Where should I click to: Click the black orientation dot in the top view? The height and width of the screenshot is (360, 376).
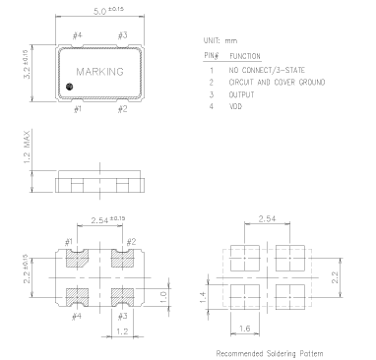(69, 87)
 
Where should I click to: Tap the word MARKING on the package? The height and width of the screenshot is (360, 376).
(100, 72)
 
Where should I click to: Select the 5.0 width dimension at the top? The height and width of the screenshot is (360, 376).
(108, 11)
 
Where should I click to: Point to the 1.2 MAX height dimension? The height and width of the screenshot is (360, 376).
(27, 147)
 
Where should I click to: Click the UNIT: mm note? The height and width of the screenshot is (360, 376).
(220, 41)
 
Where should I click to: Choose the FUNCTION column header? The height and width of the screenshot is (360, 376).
(245, 56)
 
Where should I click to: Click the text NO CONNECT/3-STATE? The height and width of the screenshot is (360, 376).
(267, 70)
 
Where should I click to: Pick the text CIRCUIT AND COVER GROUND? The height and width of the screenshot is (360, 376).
(277, 82)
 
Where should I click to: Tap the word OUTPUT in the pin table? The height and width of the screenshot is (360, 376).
(241, 94)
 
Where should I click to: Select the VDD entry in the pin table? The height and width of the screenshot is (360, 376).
(235, 106)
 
